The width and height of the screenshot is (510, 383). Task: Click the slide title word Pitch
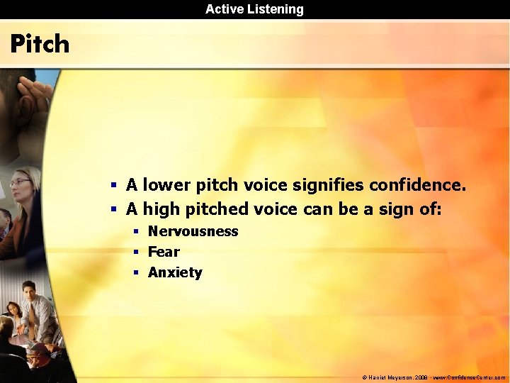[x=40, y=44]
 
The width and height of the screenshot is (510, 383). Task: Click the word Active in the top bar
[x=223, y=9]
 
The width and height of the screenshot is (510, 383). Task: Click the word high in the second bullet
[x=161, y=209]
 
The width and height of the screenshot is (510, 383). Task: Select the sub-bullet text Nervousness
[x=193, y=231]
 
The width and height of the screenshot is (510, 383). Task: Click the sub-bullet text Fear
[x=164, y=252]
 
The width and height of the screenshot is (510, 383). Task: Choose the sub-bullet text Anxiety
[x=175, y=272]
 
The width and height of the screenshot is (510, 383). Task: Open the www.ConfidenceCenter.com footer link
[x=469, y=378]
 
